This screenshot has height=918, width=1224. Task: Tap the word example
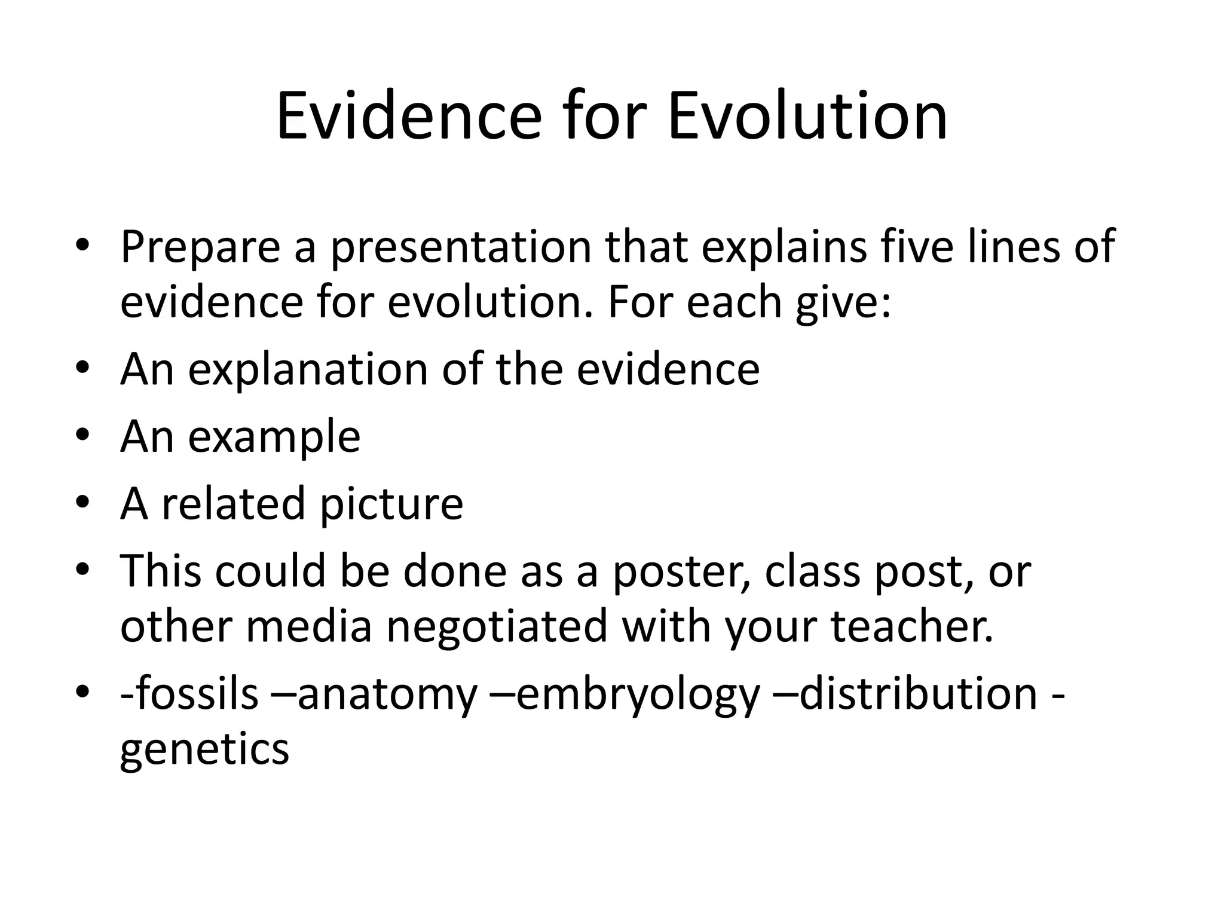click(274, 437)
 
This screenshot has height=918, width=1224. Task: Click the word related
click(234, 503)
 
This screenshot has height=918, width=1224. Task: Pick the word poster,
click(682, 571)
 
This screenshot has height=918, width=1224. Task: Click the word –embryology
click(625, 694)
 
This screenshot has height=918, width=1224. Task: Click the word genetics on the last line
click(204, 749)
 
